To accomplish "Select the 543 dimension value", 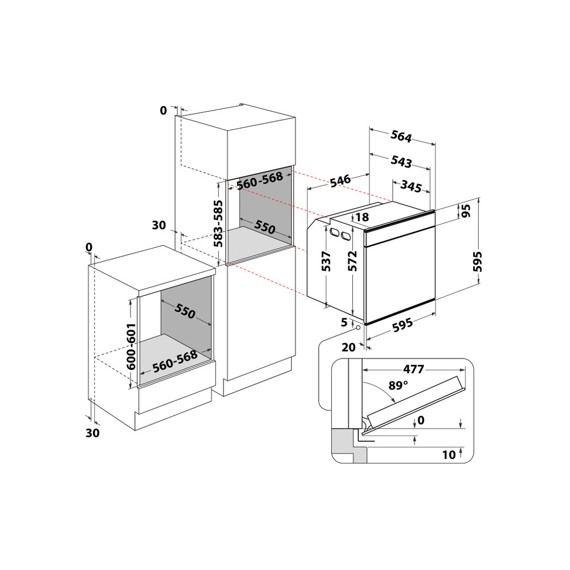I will coord(401,162).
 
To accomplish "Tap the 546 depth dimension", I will coord(340,182).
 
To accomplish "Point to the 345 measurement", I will coord(411,186).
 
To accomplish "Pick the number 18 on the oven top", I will coord(361,217).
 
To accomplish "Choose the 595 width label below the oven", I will coord(402,325).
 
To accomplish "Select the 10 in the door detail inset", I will coord(449,454).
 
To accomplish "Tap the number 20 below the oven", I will coord(349,347).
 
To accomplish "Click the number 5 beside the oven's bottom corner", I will coord(344,322).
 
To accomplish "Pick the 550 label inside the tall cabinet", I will coord(264,226).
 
